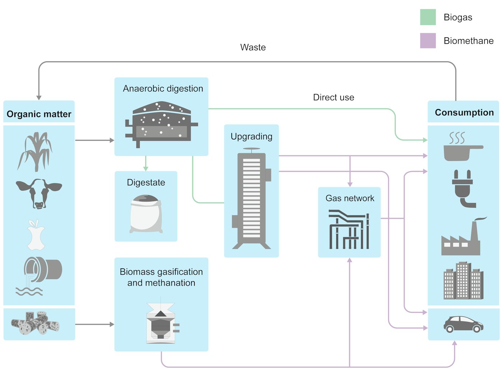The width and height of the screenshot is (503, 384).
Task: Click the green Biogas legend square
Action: (428, 17)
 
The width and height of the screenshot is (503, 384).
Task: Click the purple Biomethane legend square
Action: (428, 41)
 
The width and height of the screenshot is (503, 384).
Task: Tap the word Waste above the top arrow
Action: (253, 47)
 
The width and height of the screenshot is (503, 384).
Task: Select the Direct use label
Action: (333, 97)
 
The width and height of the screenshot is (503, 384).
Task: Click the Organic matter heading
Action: (39, 114)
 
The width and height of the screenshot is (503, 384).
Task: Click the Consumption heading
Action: (464, 112)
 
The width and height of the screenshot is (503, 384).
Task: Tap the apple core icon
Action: (36, 235)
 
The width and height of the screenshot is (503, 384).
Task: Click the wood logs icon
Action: (35, 323)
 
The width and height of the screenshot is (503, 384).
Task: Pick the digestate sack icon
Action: (146, 214)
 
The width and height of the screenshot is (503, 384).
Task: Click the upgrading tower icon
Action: (251, 198)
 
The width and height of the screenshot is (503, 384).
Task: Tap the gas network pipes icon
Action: (349, 229)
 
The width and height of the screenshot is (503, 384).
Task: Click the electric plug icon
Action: (462, 189)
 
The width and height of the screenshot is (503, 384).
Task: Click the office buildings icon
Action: (463, 281)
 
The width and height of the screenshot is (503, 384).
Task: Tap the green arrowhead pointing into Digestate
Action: (146, 168)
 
